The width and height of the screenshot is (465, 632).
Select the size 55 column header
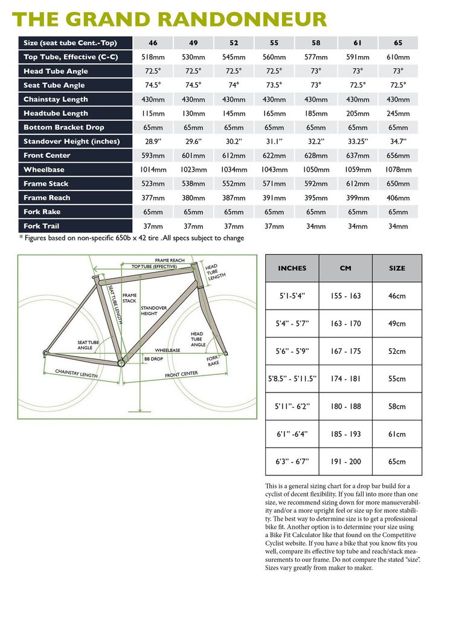pos(274,43)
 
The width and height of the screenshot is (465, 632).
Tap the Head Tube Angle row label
pos(56,71)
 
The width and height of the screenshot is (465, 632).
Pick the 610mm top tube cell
pos(398,57)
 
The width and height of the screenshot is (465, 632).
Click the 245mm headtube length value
pos(398,113)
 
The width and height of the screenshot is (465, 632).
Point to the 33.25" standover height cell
pos(358,142)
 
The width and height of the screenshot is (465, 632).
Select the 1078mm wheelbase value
pos(398,170)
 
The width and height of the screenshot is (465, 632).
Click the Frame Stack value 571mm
pos(274,184)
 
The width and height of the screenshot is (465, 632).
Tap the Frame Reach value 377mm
pos(153,198)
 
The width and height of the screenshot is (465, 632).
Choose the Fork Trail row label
pos(42,226)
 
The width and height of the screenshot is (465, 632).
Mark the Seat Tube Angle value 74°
pos(234,85)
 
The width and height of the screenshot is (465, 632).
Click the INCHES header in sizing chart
pos(292,268)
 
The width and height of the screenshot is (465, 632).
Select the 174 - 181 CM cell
pos(345,379)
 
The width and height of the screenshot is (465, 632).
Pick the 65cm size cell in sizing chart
pos(397,462)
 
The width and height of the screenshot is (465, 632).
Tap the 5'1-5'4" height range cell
pos(292,296)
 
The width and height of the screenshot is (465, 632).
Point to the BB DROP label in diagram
pos(153,359)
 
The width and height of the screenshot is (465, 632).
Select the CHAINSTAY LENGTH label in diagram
pos(76,374)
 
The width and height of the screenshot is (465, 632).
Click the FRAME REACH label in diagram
pos(170,261)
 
